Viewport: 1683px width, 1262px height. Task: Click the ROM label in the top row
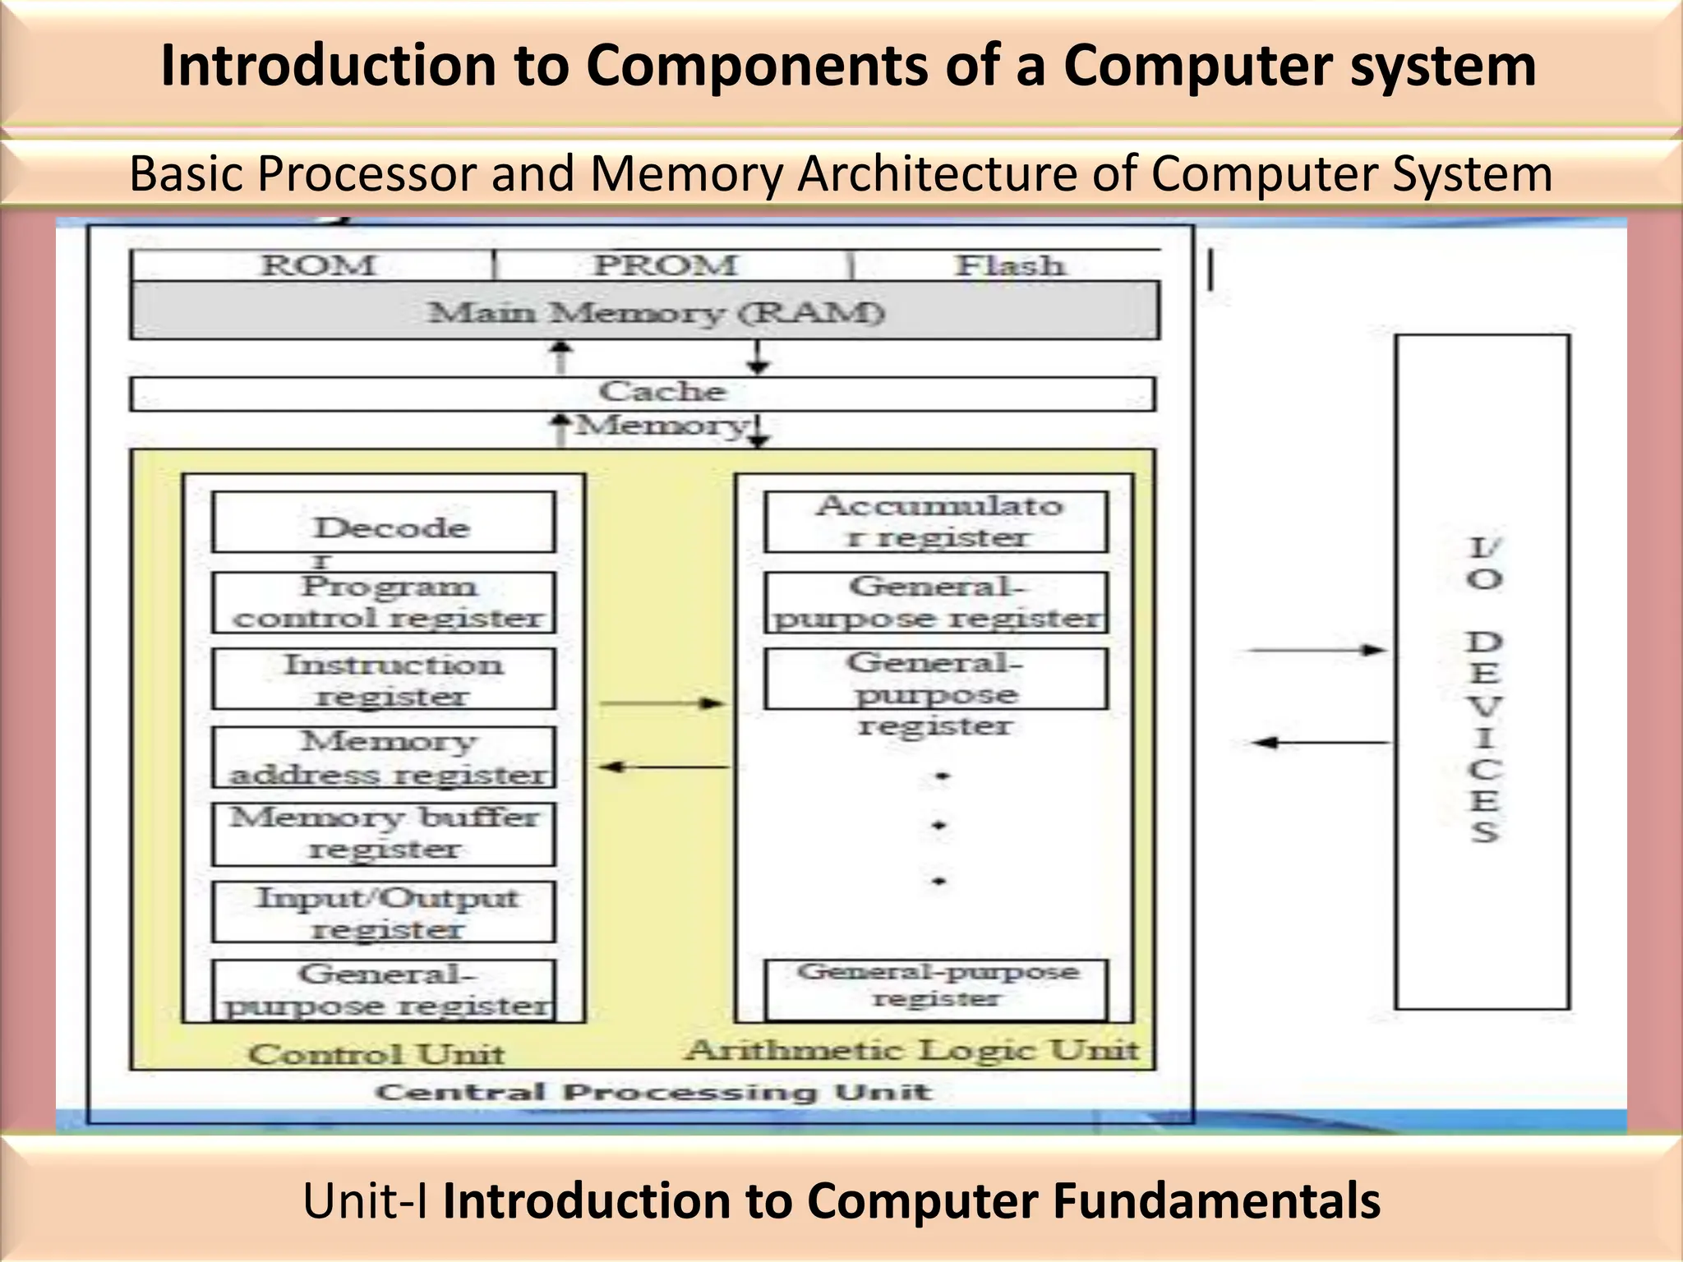(x=317, y=265)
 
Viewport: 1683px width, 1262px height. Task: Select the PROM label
(x=666, y=265)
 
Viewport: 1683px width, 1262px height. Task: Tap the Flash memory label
(x=1010, y=265)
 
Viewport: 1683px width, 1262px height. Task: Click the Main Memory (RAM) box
(x=645, y=311)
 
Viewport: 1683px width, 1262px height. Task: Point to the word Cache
(x=662, y=392)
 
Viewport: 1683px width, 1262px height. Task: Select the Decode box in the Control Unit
(x=384, y=523)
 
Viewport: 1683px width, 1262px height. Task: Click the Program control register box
(x=384, y=602)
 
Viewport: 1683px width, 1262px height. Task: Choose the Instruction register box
(x=384, y=679)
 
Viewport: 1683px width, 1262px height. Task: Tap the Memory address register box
(x=384, y=758)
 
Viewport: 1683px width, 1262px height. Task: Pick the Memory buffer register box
(x=384, y=834)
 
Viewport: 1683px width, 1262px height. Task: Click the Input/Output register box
(x=384, y=912)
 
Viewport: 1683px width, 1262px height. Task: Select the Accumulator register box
(x=936, y=522)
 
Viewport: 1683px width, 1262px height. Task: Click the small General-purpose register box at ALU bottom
(x=936, y=988)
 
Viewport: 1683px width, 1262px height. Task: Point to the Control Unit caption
(x=376, y=1054)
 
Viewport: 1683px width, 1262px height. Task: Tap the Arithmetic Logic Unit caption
(x=913, y=1050)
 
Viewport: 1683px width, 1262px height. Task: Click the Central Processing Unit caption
(x=653, y=1092)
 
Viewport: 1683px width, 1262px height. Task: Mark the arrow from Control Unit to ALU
(x=662, y=703)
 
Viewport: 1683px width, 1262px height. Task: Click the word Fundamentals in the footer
(x=1216, y=1200)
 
